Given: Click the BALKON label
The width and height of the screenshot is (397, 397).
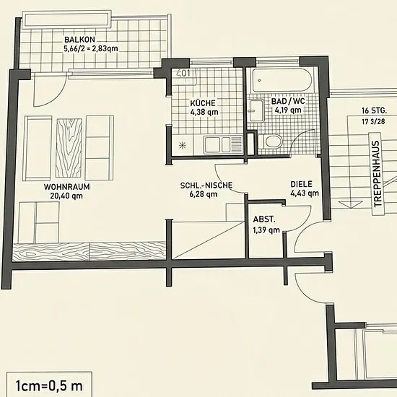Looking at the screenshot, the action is pos(79,40).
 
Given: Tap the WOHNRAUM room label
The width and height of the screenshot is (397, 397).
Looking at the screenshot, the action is pos(67,187).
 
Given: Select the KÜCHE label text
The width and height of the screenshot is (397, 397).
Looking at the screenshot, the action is pos(203,103).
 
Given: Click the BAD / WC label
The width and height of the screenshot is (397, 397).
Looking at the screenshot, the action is pos(288,101).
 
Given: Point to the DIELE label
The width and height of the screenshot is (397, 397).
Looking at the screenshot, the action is pos(301,184).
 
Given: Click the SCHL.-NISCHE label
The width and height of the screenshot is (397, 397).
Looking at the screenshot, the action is pos(206,186).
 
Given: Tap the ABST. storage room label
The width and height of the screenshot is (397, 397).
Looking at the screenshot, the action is pos(264,219).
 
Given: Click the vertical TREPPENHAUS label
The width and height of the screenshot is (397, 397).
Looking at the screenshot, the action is pos(377,174).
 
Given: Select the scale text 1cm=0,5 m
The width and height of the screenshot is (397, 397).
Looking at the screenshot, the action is pos(49,386).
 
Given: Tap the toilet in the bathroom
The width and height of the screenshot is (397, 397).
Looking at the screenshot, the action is pos(270,141).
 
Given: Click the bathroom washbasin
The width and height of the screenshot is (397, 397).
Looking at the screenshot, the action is pos(256,110).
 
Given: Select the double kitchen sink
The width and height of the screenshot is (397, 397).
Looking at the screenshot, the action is pos(224,144).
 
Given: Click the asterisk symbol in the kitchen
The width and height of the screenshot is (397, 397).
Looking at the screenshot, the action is pos(183,145).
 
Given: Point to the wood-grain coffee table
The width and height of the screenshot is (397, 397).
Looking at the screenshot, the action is pos(69,148).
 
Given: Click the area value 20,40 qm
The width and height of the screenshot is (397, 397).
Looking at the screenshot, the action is pos(66,196).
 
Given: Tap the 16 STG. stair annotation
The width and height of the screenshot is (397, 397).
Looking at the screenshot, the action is pos(374,110).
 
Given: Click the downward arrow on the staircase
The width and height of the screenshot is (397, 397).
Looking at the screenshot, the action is pos(351,204).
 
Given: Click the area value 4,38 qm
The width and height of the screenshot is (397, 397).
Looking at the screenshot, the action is pos(204,112).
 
